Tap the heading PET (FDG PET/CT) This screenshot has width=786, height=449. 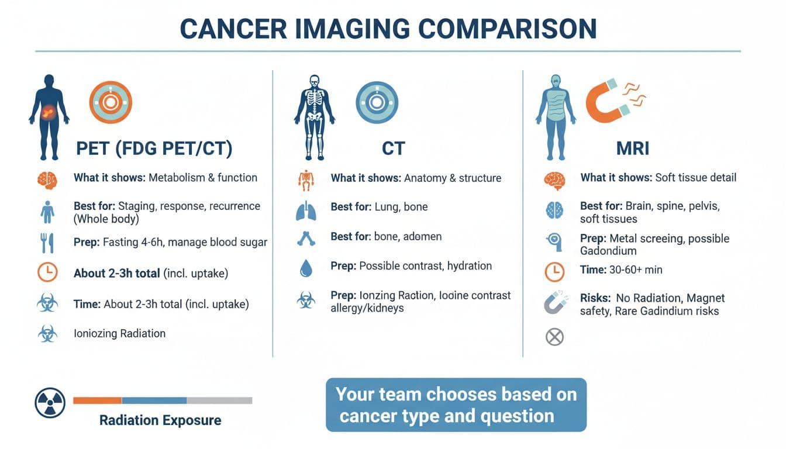point(154,148)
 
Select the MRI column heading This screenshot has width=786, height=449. point(633,148)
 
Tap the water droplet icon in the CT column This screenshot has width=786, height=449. point(305,268)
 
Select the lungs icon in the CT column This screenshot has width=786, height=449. point(305,209)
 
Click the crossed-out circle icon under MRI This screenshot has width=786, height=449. point(554,337)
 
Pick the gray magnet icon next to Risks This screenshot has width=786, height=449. point(554,302)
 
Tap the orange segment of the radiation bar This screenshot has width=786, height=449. point(97,400)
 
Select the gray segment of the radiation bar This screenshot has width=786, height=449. point(219,400)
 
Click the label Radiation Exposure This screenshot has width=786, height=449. point(160,420)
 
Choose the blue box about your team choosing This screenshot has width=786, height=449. point(456,405)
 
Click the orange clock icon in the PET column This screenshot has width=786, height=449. point(47,273)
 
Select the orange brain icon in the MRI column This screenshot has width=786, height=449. point(554,180)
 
